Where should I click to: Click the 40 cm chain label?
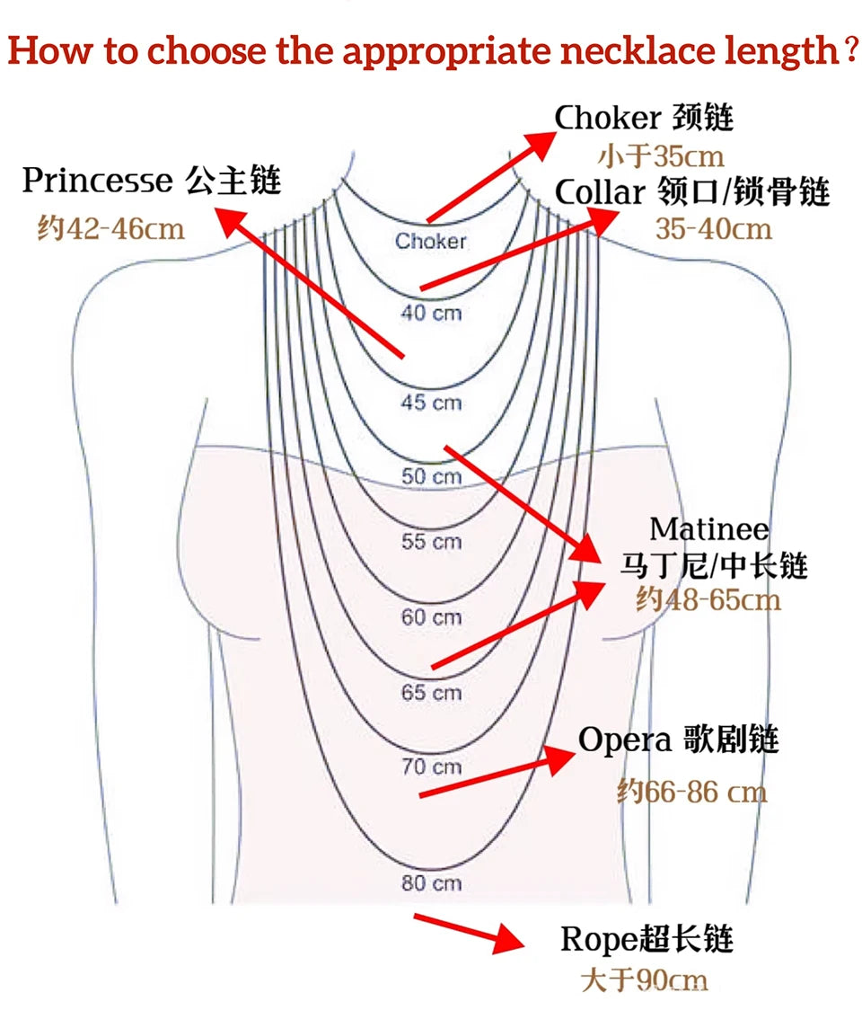click(x=431, y=314)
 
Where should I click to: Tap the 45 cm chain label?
click(x=431, y=403)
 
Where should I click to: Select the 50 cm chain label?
click(x=431, y=476)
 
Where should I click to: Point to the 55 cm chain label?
click(x=431, y=542)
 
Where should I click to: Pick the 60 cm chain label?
click(x=431, y=617)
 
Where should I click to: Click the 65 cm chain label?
click(x=431, y=693)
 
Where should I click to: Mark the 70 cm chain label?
click(x=431, y=766)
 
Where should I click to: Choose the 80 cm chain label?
click(x=431, y=882)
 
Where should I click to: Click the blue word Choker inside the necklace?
click(x=431, y=241)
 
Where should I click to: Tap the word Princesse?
click(x=97, y=181)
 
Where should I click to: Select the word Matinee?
click(x=709, y=528)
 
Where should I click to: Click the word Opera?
click(x=625, y=740)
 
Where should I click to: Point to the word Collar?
click(x=600, y=191)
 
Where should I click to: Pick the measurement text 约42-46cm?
click(x=110, y=228)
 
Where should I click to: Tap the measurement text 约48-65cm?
click(x=708, y=599)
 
